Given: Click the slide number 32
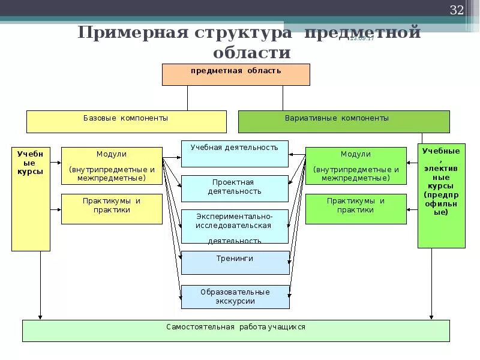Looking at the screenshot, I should pyautogui.click(x=457, y=10).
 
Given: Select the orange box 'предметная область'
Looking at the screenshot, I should pyautogui.click(x=236, y=74).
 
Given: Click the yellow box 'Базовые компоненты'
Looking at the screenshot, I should pyautogui.click(x=126, y=121).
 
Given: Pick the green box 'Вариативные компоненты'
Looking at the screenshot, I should pyautogui.click(x=344, y=121).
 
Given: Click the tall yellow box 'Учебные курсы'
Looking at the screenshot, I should pyautogui.click(x=31, y=199).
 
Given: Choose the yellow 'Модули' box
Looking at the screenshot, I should pyautogui.click(x=112, y=166).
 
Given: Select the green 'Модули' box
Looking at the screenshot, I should pyautogui.click(x=356, y=166).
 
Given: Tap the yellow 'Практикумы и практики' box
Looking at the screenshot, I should pyautogui.click(x=112, y=209).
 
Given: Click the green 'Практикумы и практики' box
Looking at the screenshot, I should pyautogui.click(x=356, y=209).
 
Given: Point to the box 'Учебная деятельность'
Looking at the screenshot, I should pyautogui.click(x=235, y=154).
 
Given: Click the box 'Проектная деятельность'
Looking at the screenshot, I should pyautogui.click(x=235, y=188).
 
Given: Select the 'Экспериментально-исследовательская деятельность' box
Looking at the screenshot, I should pyautogui.click(x=235, y=226).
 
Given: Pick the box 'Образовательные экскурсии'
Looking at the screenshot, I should pyautogui.click(x=235, y=297).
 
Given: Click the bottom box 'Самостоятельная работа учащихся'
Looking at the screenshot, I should pyautogui.click(x=236, y=331).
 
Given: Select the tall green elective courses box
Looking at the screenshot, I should pyautogui.click(x=441, y=196).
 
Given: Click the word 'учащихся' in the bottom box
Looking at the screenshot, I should pyautogui.click(x=286, y=327).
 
